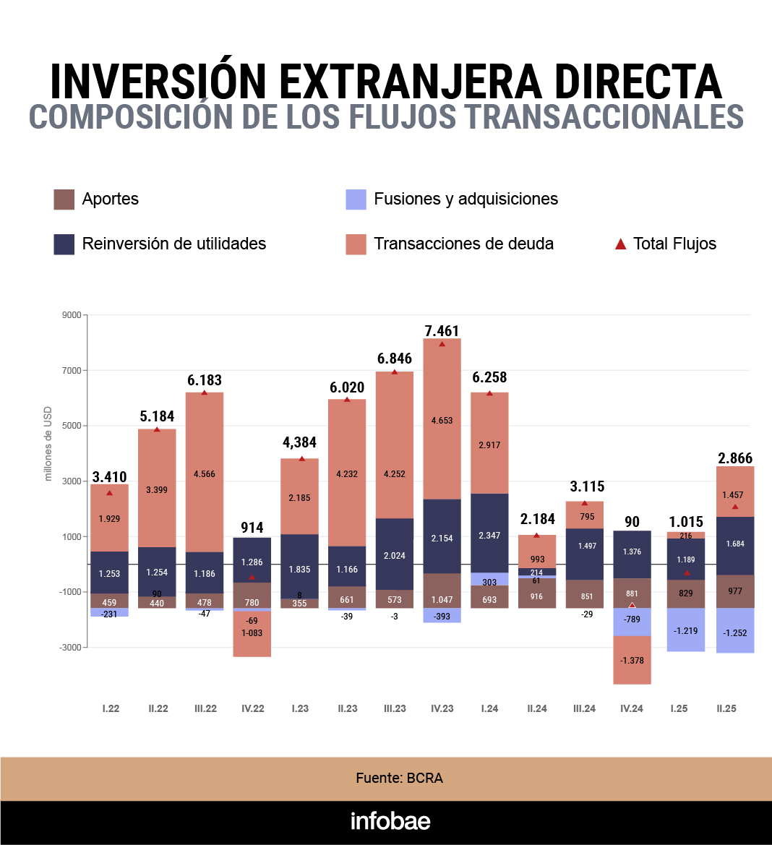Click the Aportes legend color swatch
tap(64, 200)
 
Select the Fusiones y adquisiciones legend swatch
tap(356, 200)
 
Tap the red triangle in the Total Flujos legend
tap(620, 244)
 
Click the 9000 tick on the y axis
tap(72, 315)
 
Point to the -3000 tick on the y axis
tap(70, 648)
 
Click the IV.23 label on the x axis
tap(442, 708)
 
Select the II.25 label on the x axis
tap(726, 708)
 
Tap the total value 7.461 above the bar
tap(442, 331)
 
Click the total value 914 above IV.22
tap(252, 528)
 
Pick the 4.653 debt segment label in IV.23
tap(442, 421)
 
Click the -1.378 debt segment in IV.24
tap(632, 661)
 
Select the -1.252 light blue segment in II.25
tap(735, 633)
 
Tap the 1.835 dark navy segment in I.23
tap(299, 570)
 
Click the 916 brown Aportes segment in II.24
tap(536, 597)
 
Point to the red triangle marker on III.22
tap(205, 393)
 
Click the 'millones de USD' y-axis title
tap(48, 443)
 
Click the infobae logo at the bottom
tap(390, 821)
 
